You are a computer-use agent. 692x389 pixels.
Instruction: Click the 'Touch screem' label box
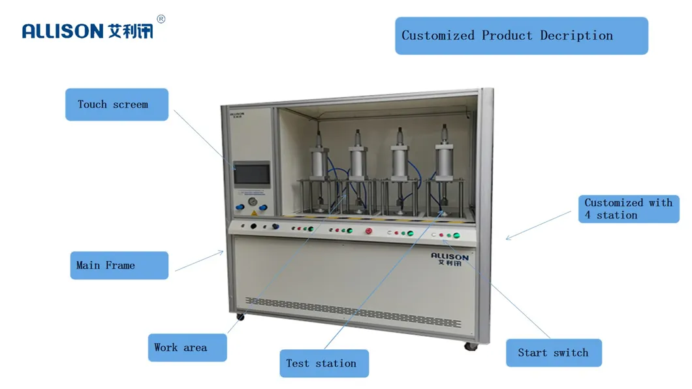click(x=116, y=104)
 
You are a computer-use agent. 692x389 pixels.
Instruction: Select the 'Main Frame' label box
click(x=119, y=266)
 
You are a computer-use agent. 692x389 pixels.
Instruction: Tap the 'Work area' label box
click(x=187, y=348)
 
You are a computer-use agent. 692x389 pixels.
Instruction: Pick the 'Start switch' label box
click(x=553, y=353)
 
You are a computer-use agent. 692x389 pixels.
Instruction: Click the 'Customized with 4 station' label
click(x=628, y=209)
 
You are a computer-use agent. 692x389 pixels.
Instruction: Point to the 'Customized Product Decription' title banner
click(x=521, y=36)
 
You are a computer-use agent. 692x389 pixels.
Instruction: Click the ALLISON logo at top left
click(x=87, y=31)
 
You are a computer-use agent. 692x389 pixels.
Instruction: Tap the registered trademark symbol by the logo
click(x=161, y=19)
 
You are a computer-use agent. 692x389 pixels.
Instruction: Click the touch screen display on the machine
click(x=252, y=174)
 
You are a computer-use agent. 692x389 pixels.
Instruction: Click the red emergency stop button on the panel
click(x=368, y=230)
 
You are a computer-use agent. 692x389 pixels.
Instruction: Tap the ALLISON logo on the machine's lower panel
click(x=449, y=259)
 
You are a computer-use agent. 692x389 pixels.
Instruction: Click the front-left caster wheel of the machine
click(x=240, y=317)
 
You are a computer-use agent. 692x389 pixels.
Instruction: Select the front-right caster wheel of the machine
click(x=469, y=346)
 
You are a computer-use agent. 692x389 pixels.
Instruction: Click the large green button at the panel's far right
click(x=456, y=236)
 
